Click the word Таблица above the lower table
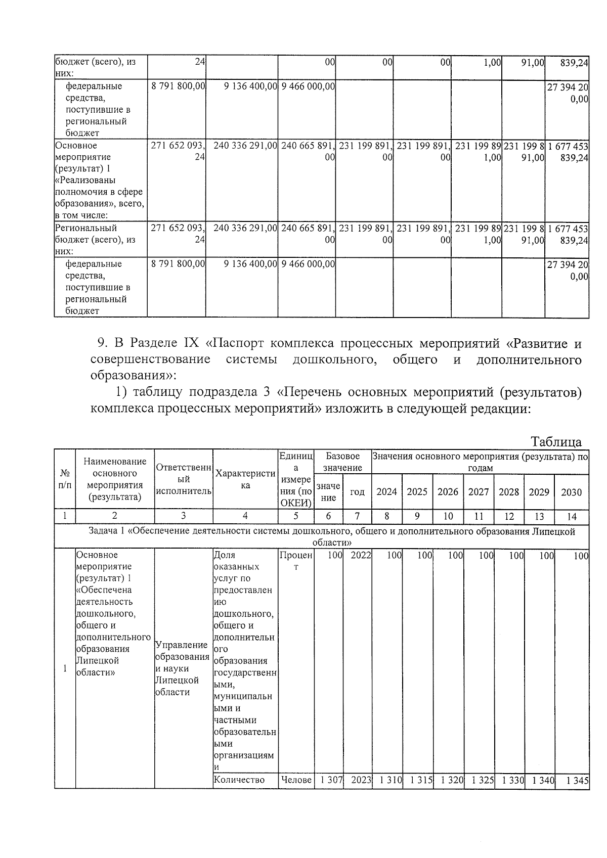556,441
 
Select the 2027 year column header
478,492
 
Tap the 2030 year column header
571,492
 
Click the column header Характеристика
245,479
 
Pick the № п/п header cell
65,478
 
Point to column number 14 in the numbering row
571,516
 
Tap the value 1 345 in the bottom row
577,780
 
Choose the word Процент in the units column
296,561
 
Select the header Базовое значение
342,462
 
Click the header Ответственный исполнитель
183,479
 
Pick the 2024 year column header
386,492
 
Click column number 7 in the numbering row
357,516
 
